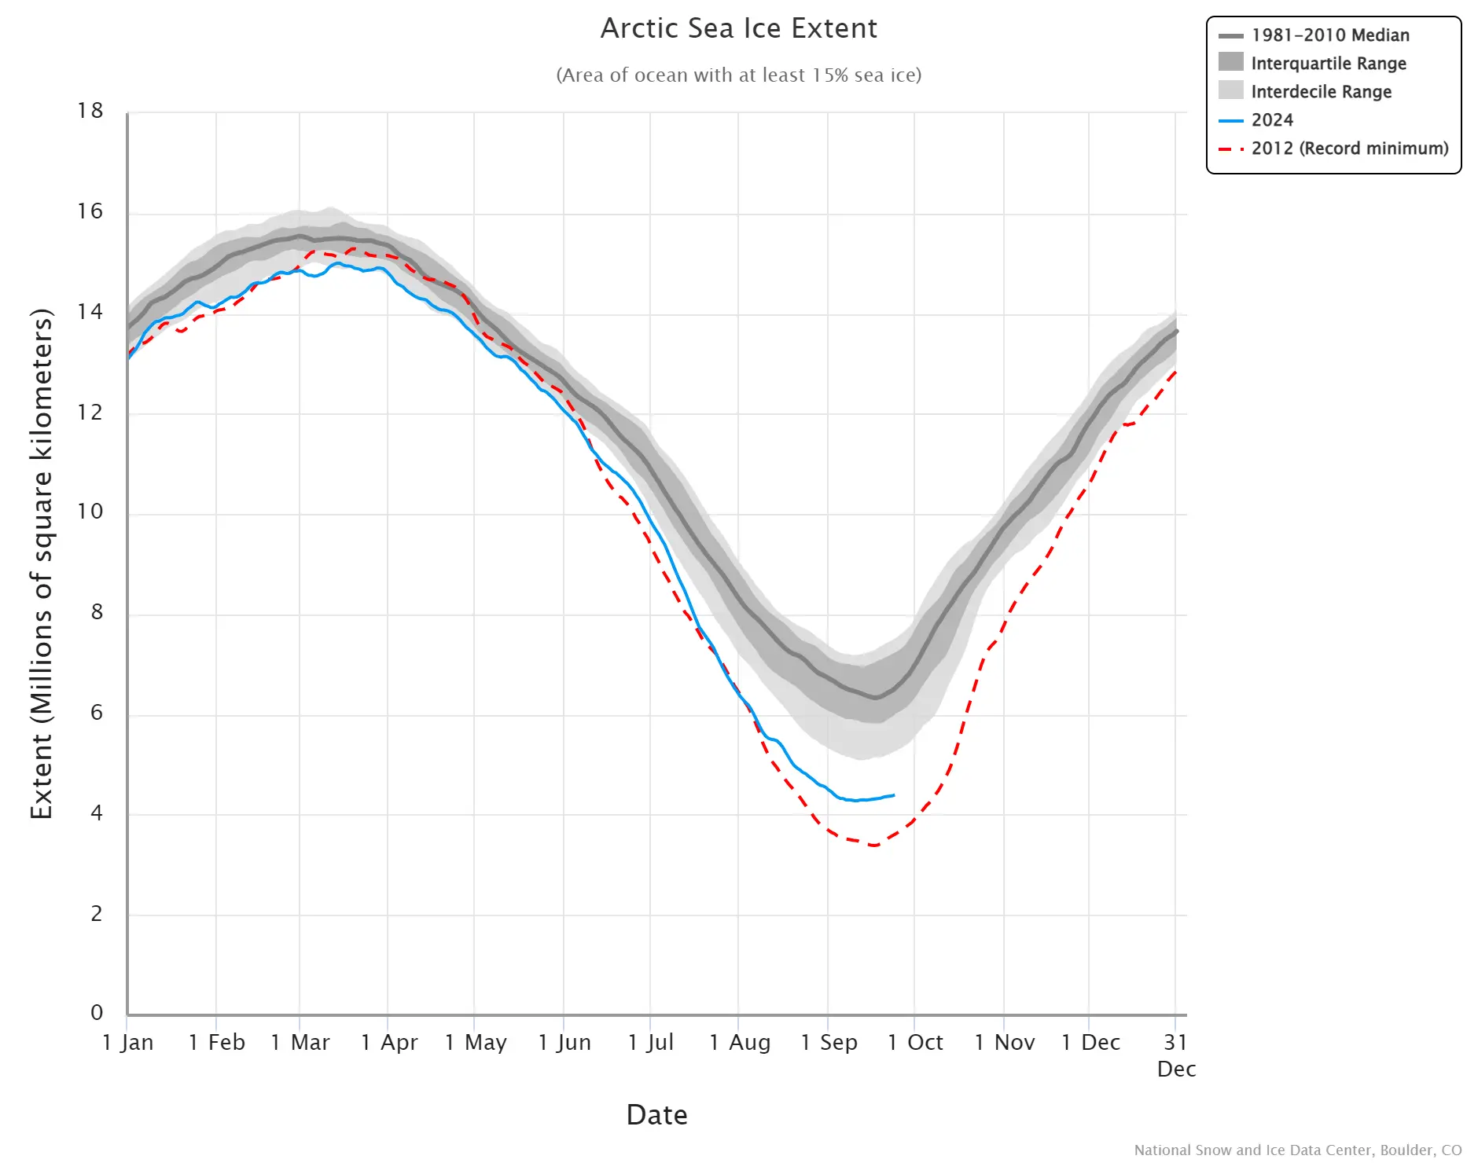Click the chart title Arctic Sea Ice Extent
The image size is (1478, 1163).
(x=738, y=28)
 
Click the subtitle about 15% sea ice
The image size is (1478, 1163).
(x=738, y=75)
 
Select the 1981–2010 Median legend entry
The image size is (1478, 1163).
(x=1329, y=35)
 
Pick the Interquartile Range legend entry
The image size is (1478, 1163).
(x=1328, y=64)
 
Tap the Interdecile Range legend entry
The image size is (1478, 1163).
(x=1321, y=92)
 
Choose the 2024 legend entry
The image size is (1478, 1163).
(x=1271, y=120)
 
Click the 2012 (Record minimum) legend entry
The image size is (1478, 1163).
(x=1349, y=149)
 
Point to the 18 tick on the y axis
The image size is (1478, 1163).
(x=90, y=111)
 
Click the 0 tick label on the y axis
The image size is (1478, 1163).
(x=97, y=1012)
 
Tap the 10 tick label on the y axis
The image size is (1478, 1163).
(x=90, y=512)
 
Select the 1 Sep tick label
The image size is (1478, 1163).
(x=829, y=1042)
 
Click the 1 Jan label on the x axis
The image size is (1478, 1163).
(x=128, y=1042)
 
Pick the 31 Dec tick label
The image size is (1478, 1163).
(x=1176, y=1055)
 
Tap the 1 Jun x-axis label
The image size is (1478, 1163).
(x=564, y=1042)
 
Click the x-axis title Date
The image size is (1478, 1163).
(x=656, y=1114)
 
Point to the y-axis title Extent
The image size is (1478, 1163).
(x=41, y=563)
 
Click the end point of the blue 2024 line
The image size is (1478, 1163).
(x=894, y=795)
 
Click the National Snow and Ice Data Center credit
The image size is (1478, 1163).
(x=1297, y=1150)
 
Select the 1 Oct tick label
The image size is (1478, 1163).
(x=915, y=1042)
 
